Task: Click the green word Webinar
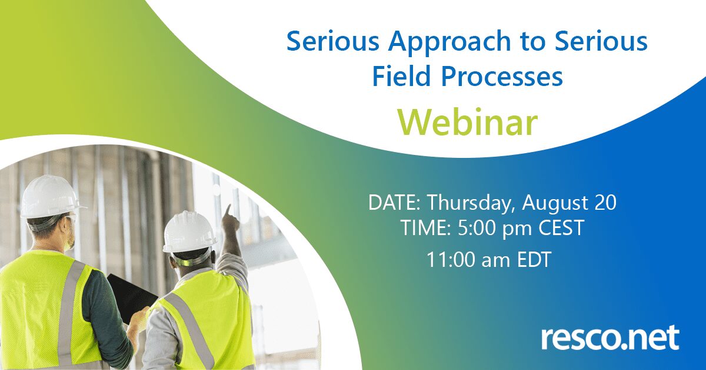[x=467, y=123]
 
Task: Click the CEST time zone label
[x=561, y=228]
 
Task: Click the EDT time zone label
[x=534, y=260]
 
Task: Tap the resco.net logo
[x=610, y=338]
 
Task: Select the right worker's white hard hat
[x=189, y=232]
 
